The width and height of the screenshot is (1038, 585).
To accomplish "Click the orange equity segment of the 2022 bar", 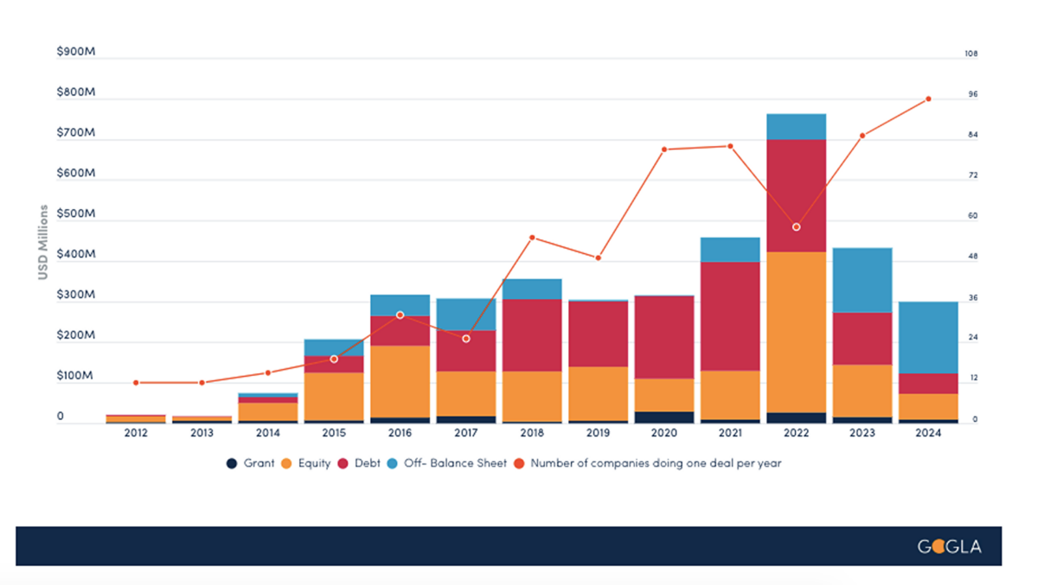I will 796,332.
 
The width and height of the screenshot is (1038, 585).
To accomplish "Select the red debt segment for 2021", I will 730,316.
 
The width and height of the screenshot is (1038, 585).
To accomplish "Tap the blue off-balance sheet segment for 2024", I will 928,337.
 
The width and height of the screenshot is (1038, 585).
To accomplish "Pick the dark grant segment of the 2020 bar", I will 664,417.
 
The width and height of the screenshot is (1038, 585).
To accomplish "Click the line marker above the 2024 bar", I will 928,99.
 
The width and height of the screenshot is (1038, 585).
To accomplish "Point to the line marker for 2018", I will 532,238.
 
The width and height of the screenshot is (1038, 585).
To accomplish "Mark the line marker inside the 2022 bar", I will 797,227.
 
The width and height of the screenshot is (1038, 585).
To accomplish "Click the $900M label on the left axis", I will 75,52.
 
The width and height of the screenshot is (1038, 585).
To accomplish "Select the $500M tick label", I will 75,214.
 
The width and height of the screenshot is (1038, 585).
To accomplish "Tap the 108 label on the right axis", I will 971,54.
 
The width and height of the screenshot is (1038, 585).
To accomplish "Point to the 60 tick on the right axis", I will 972,216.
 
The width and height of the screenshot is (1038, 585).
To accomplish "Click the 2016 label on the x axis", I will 400,433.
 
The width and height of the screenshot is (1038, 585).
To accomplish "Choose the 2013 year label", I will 202,433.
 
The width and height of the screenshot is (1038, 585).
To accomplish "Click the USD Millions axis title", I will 42,242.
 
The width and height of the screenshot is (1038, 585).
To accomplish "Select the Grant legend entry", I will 251,463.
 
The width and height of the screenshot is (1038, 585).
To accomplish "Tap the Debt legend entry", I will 359,463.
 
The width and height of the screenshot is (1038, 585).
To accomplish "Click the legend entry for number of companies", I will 649,463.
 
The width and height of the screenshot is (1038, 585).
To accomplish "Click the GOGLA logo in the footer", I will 949,547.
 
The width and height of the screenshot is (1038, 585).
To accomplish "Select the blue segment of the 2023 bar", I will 862,280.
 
